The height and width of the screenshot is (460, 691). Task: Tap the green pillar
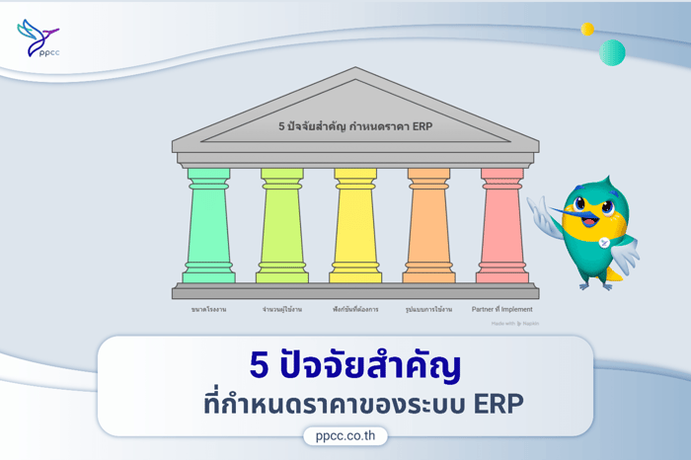click(x=208, y=226)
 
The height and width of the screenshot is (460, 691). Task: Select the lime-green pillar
click(x=281, y=226)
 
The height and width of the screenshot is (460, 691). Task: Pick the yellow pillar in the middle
click(x=355, y=226)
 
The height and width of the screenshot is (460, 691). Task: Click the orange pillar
click(x=428, y=226)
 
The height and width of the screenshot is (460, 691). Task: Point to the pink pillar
click(x=502, y=226)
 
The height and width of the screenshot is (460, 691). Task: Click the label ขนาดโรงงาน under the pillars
click(x=208, y=309)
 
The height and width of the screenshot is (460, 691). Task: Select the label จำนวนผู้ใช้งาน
click(x=281, y=309)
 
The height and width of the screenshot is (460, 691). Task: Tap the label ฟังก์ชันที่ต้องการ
click(x=355, y=309)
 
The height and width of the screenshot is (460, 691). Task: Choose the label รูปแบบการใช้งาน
click(x=428, y=309)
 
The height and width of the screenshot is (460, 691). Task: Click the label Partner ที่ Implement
click(x=502, y=309)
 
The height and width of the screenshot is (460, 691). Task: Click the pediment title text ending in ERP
click(x=355, y=126)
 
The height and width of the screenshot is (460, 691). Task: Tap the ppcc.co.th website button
click(x=345, y=435)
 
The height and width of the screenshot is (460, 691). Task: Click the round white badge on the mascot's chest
click(x=603, y=242)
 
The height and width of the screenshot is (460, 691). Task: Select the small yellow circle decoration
click(x=587, y=29)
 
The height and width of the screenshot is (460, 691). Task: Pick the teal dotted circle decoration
click(x=612, y=52)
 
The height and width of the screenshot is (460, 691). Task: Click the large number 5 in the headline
click(x=259, y=366)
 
